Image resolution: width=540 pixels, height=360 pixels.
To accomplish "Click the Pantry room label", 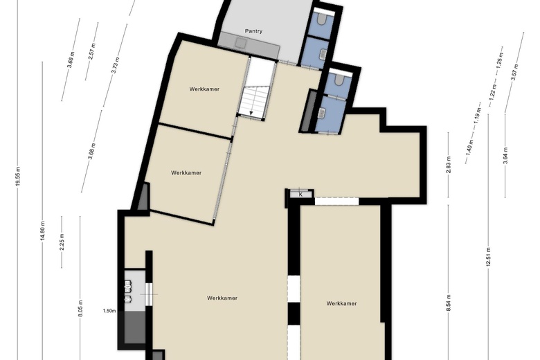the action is [253, 31].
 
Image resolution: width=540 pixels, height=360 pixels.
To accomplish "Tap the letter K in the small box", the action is [300, 195].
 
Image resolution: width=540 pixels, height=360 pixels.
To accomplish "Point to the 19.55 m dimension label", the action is [18, 177].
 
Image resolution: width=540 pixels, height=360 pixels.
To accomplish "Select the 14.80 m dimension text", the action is [42, 231].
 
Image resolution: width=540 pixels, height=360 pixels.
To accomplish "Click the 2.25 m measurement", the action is [62, 242].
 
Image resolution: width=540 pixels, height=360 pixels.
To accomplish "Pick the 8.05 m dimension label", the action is [80, 307].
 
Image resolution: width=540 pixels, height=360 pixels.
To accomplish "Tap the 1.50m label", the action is [109, 311].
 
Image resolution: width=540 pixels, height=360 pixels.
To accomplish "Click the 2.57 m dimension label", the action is [92, 51].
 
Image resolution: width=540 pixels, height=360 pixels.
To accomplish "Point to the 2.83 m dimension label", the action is [449, 165].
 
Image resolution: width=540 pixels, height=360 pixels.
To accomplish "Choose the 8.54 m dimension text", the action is [449, 303].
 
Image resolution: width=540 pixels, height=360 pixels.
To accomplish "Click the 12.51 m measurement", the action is [488, 257].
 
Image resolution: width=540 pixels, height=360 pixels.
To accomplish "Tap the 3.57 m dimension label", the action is [514, 72].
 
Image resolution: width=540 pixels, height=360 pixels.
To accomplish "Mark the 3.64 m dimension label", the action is [505, 155].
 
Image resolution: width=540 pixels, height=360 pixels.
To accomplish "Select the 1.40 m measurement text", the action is [469, 146].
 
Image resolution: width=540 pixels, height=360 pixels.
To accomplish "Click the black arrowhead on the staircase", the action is [251, 113].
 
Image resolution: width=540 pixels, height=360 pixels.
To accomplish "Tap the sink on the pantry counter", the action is [240, 42].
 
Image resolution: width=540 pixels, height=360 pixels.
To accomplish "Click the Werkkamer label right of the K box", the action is [341, 303].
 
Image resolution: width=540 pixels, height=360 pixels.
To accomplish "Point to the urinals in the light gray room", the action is [128, 291].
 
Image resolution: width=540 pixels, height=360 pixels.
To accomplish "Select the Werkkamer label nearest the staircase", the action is [204, 89].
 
